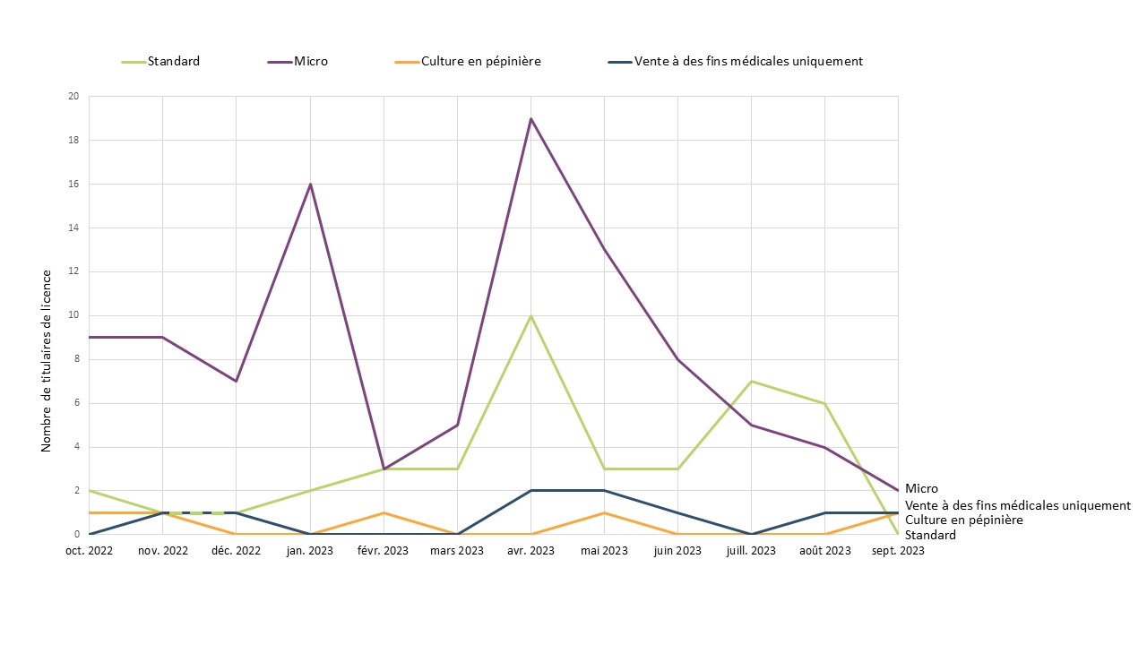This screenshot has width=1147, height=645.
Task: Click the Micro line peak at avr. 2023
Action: pyautogui.click(x=530, y=118)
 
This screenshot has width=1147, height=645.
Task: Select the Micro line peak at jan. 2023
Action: pyautogui.click(x=310, y=185)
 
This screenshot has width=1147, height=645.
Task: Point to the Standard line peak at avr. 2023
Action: pyautogui.click(x=530, y=315)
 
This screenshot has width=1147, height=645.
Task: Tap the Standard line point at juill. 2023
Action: pyautogui.click(x=751, y=382)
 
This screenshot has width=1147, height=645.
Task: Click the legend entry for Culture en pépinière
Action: pyautogui.click(x=480, y=62)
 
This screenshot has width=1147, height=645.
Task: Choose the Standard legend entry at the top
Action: pyautogui.click(x=173, y=62)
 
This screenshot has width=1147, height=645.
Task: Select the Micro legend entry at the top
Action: pyautogui.click(x=310, y=62)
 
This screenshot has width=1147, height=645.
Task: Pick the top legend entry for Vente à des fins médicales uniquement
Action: pyautogui.click(x=747, y=62)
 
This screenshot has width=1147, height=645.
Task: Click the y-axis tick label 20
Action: pyautogui.click(x=73, y=97)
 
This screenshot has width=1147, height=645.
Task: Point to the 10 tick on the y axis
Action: pyautogui.click(x=73, y=315)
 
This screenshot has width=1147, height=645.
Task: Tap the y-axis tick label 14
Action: pyautogui.click(x=73, y=228)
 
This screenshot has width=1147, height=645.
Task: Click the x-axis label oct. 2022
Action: pyautogui.click(x=90, y=551)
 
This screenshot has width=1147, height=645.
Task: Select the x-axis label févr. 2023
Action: pyautogui.click(x=384, y=551)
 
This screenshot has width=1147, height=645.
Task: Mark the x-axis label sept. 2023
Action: pyautogui.click(x=898, y=551)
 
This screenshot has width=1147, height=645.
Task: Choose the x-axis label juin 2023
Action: pyautogui.click(x=677, y=551)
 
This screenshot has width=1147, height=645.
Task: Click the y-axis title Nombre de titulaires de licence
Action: pyautogui.click(x=47, y=359)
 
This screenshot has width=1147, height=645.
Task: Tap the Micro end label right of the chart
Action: pyautogui.click(x=921, y=489)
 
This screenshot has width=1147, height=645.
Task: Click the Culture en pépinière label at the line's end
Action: pyautogui.click(x=963, y=520)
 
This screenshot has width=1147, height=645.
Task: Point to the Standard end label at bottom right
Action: pyautogui.click(x=930, y=535)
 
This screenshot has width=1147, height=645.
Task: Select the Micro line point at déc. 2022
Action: pyautogui.click(x=237, y=381)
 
